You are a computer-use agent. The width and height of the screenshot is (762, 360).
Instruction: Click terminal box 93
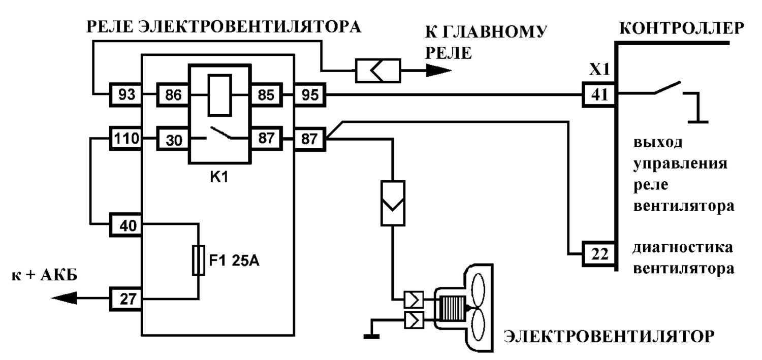(125, 94)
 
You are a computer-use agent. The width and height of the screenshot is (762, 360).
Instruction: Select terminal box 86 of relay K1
(173, 94)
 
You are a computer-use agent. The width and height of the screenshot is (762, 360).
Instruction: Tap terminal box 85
(266, 94)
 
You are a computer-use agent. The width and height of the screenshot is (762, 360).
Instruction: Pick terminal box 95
(310, 94)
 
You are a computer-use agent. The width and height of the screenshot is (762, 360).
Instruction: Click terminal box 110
(125, 138)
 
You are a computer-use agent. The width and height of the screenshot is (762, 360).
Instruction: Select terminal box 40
(125, 225)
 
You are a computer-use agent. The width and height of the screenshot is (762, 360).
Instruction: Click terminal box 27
(125, 299)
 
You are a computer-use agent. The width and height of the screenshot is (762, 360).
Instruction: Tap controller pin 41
(599, 94)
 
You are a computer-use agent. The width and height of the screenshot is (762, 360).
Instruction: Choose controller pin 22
(599, 254)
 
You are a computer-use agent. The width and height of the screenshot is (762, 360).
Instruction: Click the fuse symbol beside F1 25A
(198, 260)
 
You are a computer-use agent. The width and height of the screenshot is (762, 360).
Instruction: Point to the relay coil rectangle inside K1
(220, 95)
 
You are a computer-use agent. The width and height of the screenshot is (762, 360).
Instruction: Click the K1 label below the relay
(219, 177)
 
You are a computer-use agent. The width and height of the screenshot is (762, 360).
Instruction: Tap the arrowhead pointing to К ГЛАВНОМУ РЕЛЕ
(439, 71)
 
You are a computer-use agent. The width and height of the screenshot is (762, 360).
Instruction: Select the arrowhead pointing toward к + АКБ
(64, 298)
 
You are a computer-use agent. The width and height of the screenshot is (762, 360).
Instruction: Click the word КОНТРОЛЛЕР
(682, 28)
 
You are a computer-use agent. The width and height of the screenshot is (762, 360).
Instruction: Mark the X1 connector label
(599, 70)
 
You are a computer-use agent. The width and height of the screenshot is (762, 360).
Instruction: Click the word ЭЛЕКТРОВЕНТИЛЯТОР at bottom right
(609, 337)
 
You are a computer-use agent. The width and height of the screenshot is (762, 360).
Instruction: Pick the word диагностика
(682, 248)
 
